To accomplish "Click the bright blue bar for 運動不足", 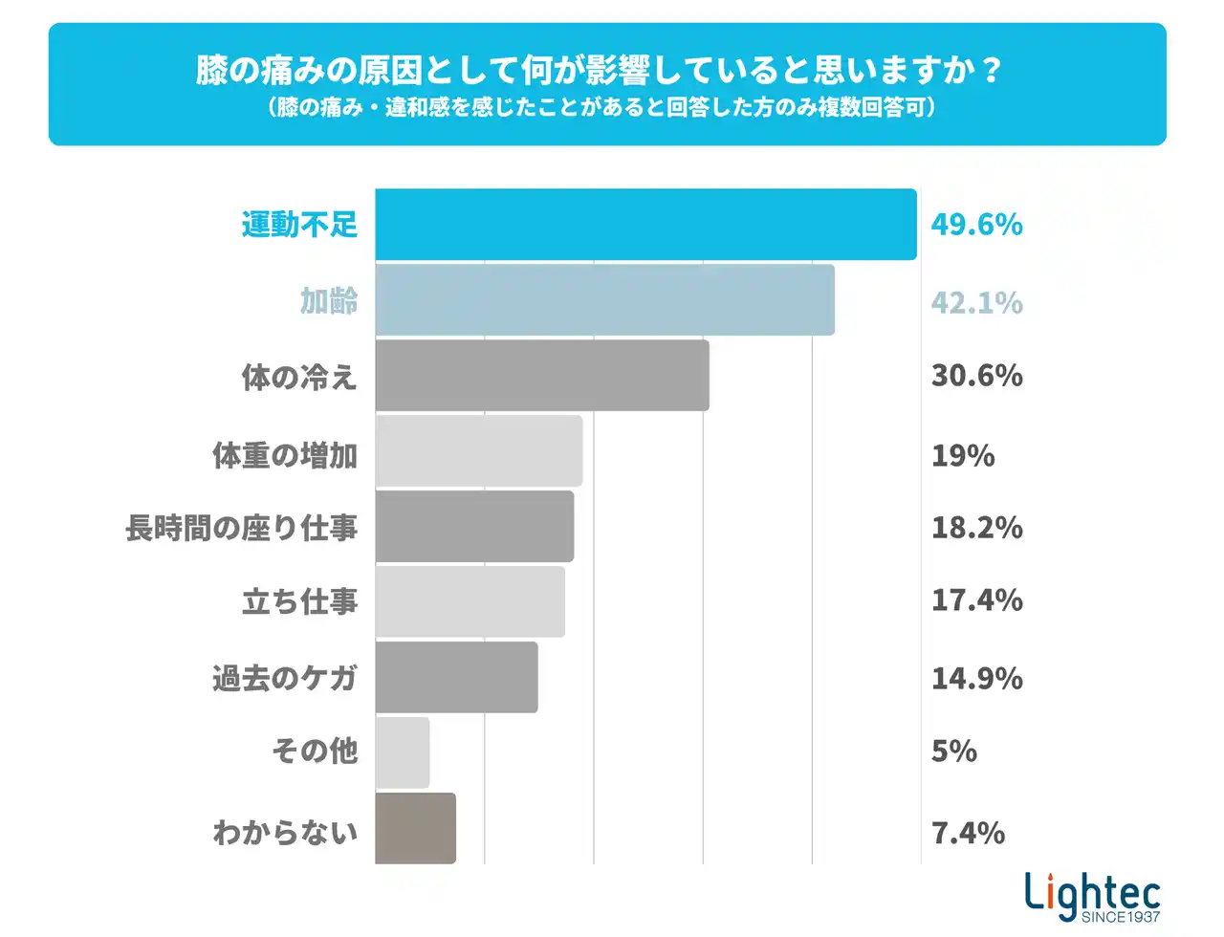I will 645,225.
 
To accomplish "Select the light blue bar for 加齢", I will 604,300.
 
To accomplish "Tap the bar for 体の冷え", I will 542,376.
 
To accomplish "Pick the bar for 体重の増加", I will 478,450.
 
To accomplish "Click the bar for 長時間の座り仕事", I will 474,526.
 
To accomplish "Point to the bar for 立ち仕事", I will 470,601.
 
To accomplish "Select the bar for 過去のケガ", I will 456,677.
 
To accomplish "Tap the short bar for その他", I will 403,752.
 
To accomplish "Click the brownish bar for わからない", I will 415,828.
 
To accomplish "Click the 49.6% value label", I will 976,225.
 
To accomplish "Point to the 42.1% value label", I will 976,303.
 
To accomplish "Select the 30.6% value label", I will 976,376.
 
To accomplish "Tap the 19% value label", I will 963,455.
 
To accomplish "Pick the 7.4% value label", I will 968,833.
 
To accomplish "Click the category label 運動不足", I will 299,225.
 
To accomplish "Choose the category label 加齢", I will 329,301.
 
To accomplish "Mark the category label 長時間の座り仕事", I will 241,528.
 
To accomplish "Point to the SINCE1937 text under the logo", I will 1121,917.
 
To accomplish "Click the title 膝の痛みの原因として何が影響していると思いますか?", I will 599,70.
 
